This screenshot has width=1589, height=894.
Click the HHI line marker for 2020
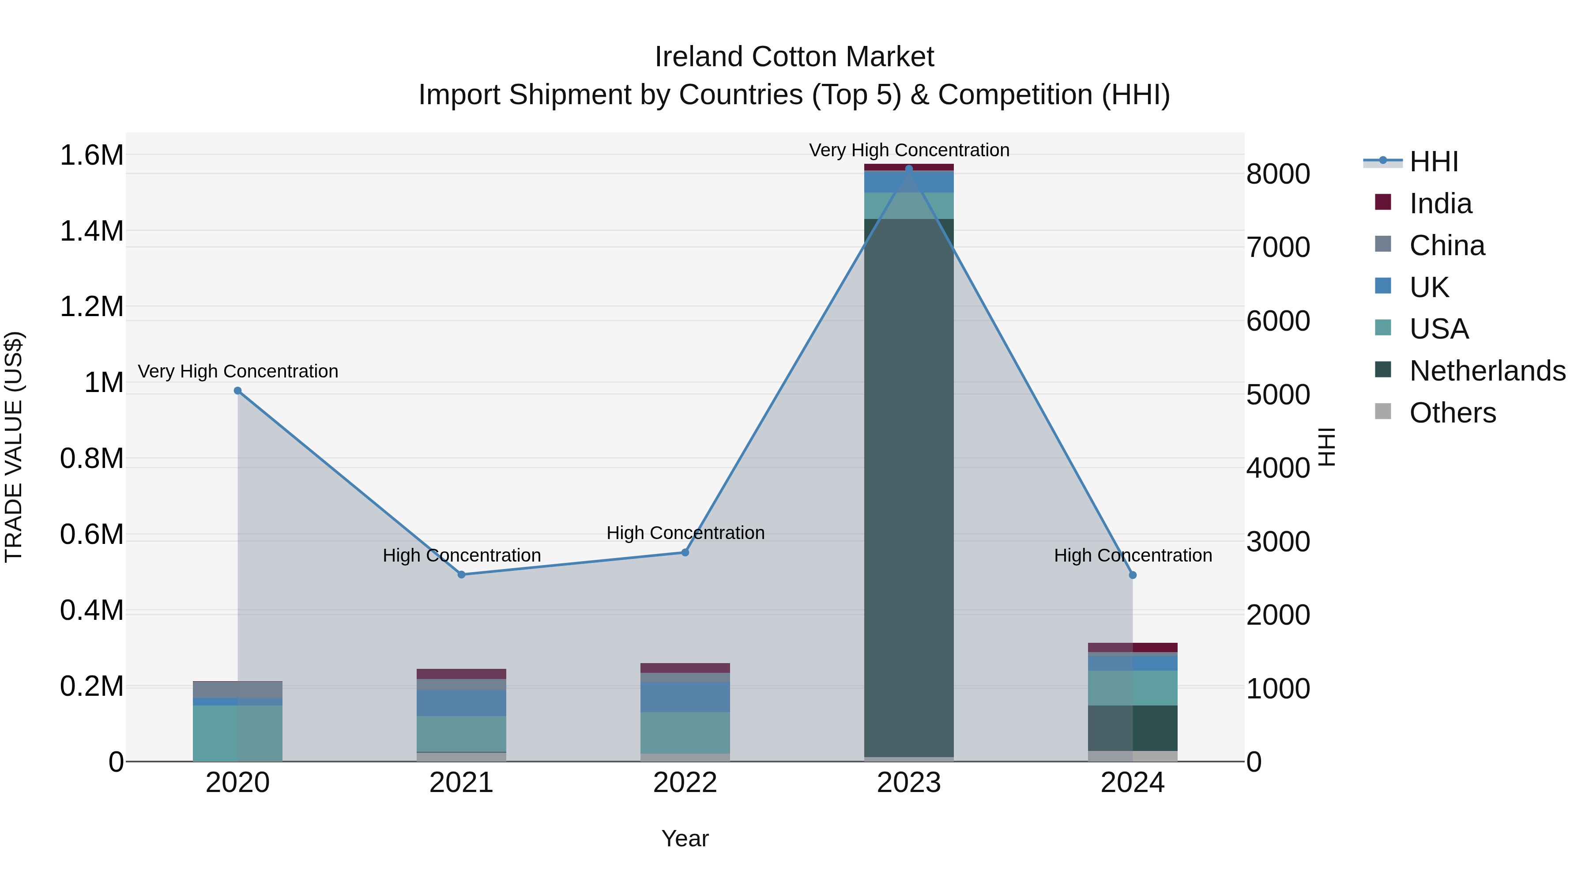pyautogui.click(x=237, y=391)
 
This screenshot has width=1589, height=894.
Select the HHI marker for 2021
pyautogui.click(x=461, y=574)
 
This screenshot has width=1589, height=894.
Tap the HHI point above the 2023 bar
pyautogui.click(x=909, y=169)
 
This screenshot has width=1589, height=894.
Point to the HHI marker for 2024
pyautogui.click(x=1133, y=575)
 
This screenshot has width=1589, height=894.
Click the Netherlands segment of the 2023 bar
pyautogui.click(x=909, y=487)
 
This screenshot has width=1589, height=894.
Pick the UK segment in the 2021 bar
pyautogui.click(x=461, y=703)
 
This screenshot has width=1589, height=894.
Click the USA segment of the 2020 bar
pyautogui.click(x=237, y=733)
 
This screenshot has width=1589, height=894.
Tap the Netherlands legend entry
pyautogui.click(x=1487, y=371)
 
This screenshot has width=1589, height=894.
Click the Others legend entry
pyautogui.click(x=1453, y=413)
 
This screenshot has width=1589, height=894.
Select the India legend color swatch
pyautogui.click(x=1383, y=202)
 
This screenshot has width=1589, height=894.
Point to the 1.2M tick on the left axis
pyautogui.click(x=92, y=307)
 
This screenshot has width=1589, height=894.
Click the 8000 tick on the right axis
pyautogui.click(x=1278, y=174)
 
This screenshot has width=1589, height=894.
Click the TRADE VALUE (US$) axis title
pyautogui.click(x=14, y=447)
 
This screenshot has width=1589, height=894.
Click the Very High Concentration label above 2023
pyautogui.click(x=909, y=150)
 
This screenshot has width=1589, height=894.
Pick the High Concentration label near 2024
pyautogui.click(x=1133, y=555)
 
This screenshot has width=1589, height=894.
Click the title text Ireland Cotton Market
pyautogui.click(x=794, y=57)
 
